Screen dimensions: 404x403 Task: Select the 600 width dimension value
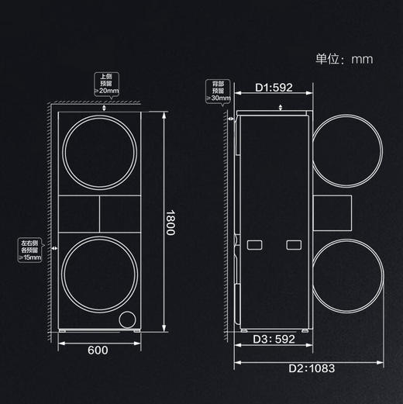click(x=97, y=350)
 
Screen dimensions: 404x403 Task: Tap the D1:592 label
click(x=274, y=88)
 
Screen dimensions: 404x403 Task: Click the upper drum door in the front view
click(x=101, y=153)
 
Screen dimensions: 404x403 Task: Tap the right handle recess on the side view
click(x=293, y=245)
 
